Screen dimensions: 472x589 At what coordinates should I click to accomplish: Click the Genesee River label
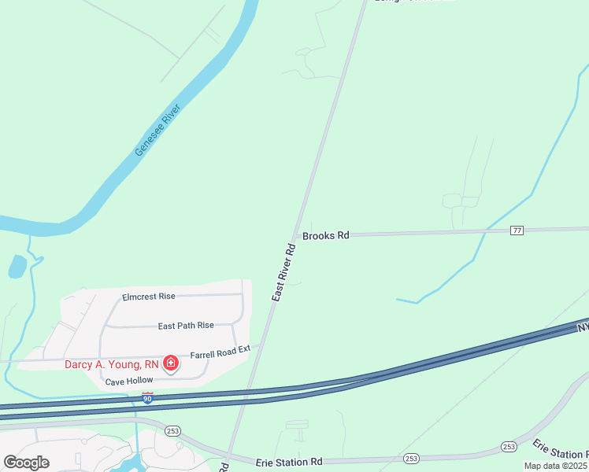click(x=157, y=129)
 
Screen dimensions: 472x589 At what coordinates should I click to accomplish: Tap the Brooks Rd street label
click(x=325, y=235)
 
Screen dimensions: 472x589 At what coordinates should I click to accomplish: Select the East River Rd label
click(x=283, y=272)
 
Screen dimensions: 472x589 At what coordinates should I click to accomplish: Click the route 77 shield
click(x=517, y=230)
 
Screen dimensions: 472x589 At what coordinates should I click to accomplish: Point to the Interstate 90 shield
click(x=147, y=398)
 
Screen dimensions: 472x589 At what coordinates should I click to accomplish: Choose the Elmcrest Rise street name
click(x=149, y=297)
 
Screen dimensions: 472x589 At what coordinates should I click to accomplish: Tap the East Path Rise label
click(x=186, y=325)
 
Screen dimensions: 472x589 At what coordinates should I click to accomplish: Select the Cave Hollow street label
click(x=128, y=381)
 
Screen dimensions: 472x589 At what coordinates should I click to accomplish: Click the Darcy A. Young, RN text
click(x=111, y=364)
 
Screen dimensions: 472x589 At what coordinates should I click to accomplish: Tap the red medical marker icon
click(x=170, y=363)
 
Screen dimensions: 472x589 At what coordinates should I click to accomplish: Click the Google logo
click(x=27, y=463)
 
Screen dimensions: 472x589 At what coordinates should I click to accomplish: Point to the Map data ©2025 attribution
click(x=556, y=466)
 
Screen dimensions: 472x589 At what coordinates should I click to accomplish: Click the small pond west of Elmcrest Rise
click(x=17, y=267)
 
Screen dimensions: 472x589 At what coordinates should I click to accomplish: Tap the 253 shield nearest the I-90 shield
click(x=173, y=431)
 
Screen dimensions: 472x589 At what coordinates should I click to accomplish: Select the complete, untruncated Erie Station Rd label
click(x=289, y=462)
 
